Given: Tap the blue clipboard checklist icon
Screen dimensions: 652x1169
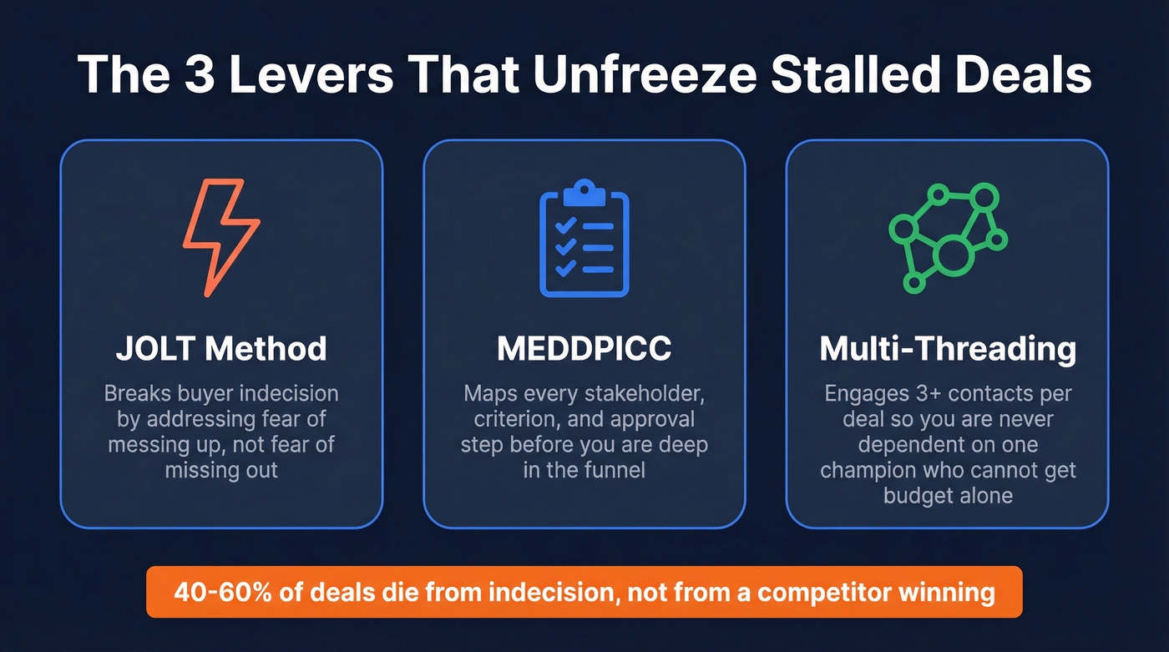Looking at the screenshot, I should [584, 239].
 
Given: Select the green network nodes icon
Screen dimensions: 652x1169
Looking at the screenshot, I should [947, 237].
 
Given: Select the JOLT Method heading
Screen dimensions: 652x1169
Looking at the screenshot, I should [221, 348].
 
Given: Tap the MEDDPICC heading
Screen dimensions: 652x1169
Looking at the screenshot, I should [584, 349].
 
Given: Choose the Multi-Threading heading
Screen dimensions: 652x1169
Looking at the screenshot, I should [948, 349].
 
